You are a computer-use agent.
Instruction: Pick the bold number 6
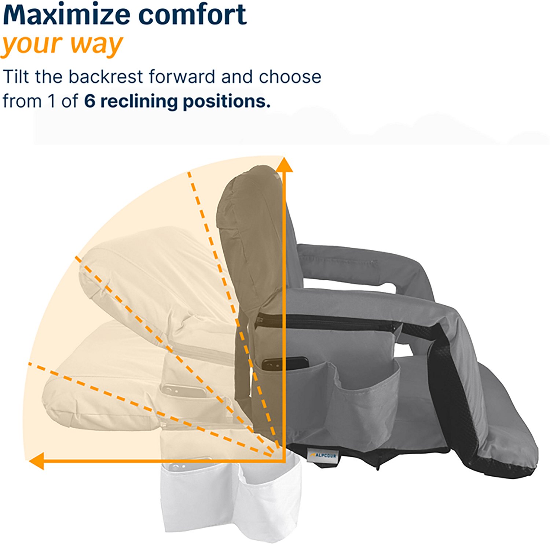(x=89, y=101)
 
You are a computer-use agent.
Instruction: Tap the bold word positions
(x=226, y=101)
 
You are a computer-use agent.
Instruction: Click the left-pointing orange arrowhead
(x=37, y=461)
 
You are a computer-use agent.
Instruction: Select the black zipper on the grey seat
(x=330, y=322)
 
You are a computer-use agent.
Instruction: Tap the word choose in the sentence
(x=290, y=77)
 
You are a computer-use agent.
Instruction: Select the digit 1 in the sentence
(x=51, y=101)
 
